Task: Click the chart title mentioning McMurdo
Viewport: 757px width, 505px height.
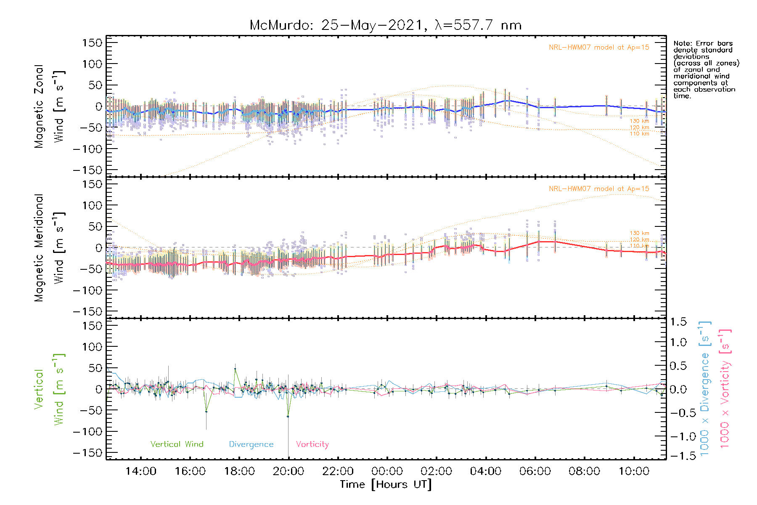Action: [385, 25]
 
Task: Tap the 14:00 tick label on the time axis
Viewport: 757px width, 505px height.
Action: [141, 471]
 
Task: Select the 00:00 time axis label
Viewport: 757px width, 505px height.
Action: [387, 471]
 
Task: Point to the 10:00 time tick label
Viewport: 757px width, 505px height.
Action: [634, 471]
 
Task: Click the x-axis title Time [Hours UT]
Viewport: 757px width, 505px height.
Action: [386, 484]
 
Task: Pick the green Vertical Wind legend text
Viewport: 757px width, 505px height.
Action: [177, 444]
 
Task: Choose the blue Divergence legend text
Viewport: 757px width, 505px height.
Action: [251, 444]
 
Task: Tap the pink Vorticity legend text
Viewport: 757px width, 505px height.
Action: [312, 444]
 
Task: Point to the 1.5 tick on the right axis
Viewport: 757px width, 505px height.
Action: [678, 322]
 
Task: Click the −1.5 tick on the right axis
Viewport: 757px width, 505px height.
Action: [676, 456]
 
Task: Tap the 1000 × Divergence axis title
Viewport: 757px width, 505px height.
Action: [705, 388]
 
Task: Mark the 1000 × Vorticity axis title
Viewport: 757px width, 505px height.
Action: [725, 388]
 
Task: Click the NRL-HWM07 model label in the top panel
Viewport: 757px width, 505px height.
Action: [599, 48]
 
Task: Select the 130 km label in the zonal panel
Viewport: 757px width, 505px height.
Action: [639, 121]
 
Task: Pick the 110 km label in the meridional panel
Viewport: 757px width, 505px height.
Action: [639, 246]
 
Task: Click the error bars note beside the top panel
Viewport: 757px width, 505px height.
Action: [706, 69]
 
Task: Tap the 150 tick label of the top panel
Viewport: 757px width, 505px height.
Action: [93, 43]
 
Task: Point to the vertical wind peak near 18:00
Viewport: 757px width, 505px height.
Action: [235, 369]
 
